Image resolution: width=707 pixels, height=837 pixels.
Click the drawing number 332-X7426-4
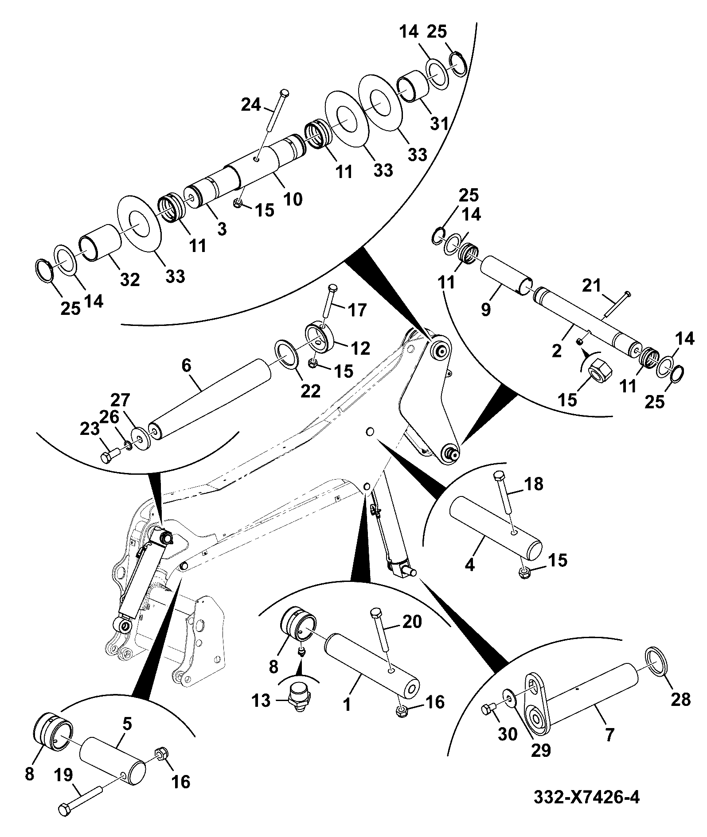tap(586, 798)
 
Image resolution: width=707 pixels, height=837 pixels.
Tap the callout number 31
tap(440, 124)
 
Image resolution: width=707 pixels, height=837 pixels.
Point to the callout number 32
tap(130, 279)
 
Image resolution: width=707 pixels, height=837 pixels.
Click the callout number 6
tap(186, 366)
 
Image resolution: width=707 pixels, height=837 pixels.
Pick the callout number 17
tap(358, 310)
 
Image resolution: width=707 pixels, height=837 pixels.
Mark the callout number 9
tap(486, 309)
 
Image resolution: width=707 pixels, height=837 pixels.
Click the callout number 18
tap(534, 484)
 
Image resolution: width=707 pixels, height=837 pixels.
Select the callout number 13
tap(262, 701)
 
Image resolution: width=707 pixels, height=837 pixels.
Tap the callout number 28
tap(681, 699)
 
